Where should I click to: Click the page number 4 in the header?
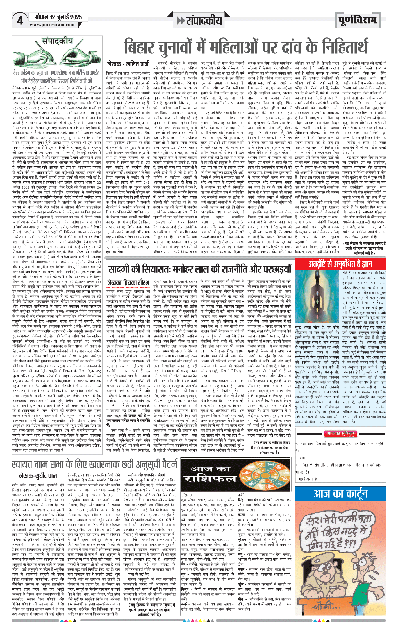click(x=20, y=21)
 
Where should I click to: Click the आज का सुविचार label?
click(x=340, y=433)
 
